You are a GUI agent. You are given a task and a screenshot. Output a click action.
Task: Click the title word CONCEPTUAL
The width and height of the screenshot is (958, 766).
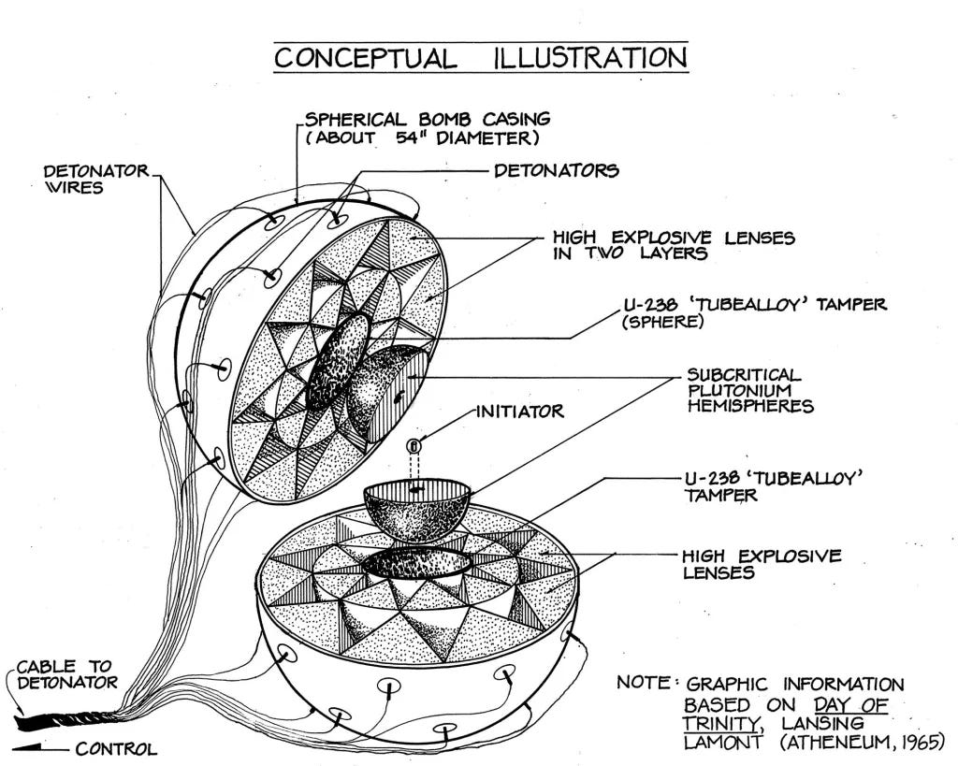pos(365,57)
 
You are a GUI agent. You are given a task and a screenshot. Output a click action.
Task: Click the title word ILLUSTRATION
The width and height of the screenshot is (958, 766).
pos(591,57)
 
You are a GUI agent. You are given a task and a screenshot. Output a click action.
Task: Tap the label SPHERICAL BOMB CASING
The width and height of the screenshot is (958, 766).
pos(428,119)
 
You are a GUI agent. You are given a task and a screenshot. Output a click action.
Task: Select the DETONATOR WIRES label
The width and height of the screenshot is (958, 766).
pos(96,179)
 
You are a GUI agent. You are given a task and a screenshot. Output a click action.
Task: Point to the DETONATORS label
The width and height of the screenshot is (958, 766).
pos(556,170)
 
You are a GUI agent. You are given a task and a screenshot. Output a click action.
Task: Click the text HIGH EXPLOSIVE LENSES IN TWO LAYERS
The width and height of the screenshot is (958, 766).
pos(674,245)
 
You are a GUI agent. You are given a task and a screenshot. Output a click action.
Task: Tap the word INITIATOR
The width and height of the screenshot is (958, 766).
pos(520,412)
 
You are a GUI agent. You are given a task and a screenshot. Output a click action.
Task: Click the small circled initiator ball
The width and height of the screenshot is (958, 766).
pos(414,446)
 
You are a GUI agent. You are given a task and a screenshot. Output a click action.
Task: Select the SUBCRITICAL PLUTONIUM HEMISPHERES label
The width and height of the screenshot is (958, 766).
pos(750,390)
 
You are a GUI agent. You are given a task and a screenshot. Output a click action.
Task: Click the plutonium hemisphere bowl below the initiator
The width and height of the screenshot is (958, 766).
pos(416,510)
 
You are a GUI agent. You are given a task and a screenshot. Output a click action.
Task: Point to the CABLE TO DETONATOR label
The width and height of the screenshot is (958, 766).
pos(67,674)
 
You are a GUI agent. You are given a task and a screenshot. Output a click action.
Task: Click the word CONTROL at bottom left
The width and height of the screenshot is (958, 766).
pos(116,749)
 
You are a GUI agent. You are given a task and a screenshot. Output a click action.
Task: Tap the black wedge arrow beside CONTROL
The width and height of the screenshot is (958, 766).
pos(29,747)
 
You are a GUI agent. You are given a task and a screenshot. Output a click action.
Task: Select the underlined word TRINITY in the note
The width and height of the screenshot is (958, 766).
pos(721,724)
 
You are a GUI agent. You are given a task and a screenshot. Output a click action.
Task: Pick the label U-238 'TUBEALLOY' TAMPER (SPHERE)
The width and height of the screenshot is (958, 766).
pos(754,312)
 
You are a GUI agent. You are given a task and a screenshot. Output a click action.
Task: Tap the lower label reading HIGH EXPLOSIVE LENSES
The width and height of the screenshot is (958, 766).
pos(762,564)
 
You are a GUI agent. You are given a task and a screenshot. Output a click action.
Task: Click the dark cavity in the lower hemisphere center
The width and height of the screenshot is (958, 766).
pos(417,562)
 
